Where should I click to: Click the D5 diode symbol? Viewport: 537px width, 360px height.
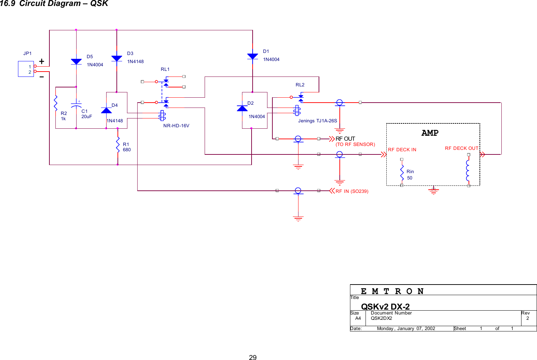(x=76, y=61)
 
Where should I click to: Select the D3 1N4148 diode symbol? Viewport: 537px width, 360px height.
(x=116, y=59)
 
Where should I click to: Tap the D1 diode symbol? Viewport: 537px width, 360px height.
(x=253, y=56)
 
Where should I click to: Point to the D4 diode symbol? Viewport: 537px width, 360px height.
(x=106, y=110)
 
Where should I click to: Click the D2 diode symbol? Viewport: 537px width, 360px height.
(x=242, y=108)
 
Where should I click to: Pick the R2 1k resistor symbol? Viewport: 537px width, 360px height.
(x=56, y=103)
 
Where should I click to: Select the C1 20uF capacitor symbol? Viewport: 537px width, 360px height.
(x=76, y=105)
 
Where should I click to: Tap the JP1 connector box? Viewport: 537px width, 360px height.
(x=26, y=69)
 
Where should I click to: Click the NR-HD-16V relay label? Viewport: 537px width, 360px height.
(x=176, y=126)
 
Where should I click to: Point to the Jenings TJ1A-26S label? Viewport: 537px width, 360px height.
(x=317, y=121)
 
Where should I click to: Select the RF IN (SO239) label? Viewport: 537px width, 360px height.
(x=352, y=191)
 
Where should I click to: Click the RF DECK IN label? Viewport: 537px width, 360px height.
(x=402, y=150)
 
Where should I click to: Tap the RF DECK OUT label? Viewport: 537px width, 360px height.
(x=461, y=148)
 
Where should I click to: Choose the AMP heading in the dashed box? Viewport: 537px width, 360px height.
(x=430, y=133)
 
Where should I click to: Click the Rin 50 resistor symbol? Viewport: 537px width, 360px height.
(x=402, y=173)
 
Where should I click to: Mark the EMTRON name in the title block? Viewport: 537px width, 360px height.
(x=392, y=291)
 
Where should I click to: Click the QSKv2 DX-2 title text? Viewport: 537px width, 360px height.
(x=385, y=306)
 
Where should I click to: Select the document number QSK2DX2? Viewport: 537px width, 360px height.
(x=381, y=318)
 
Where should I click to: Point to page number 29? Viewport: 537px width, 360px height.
(x=253, y=357)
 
